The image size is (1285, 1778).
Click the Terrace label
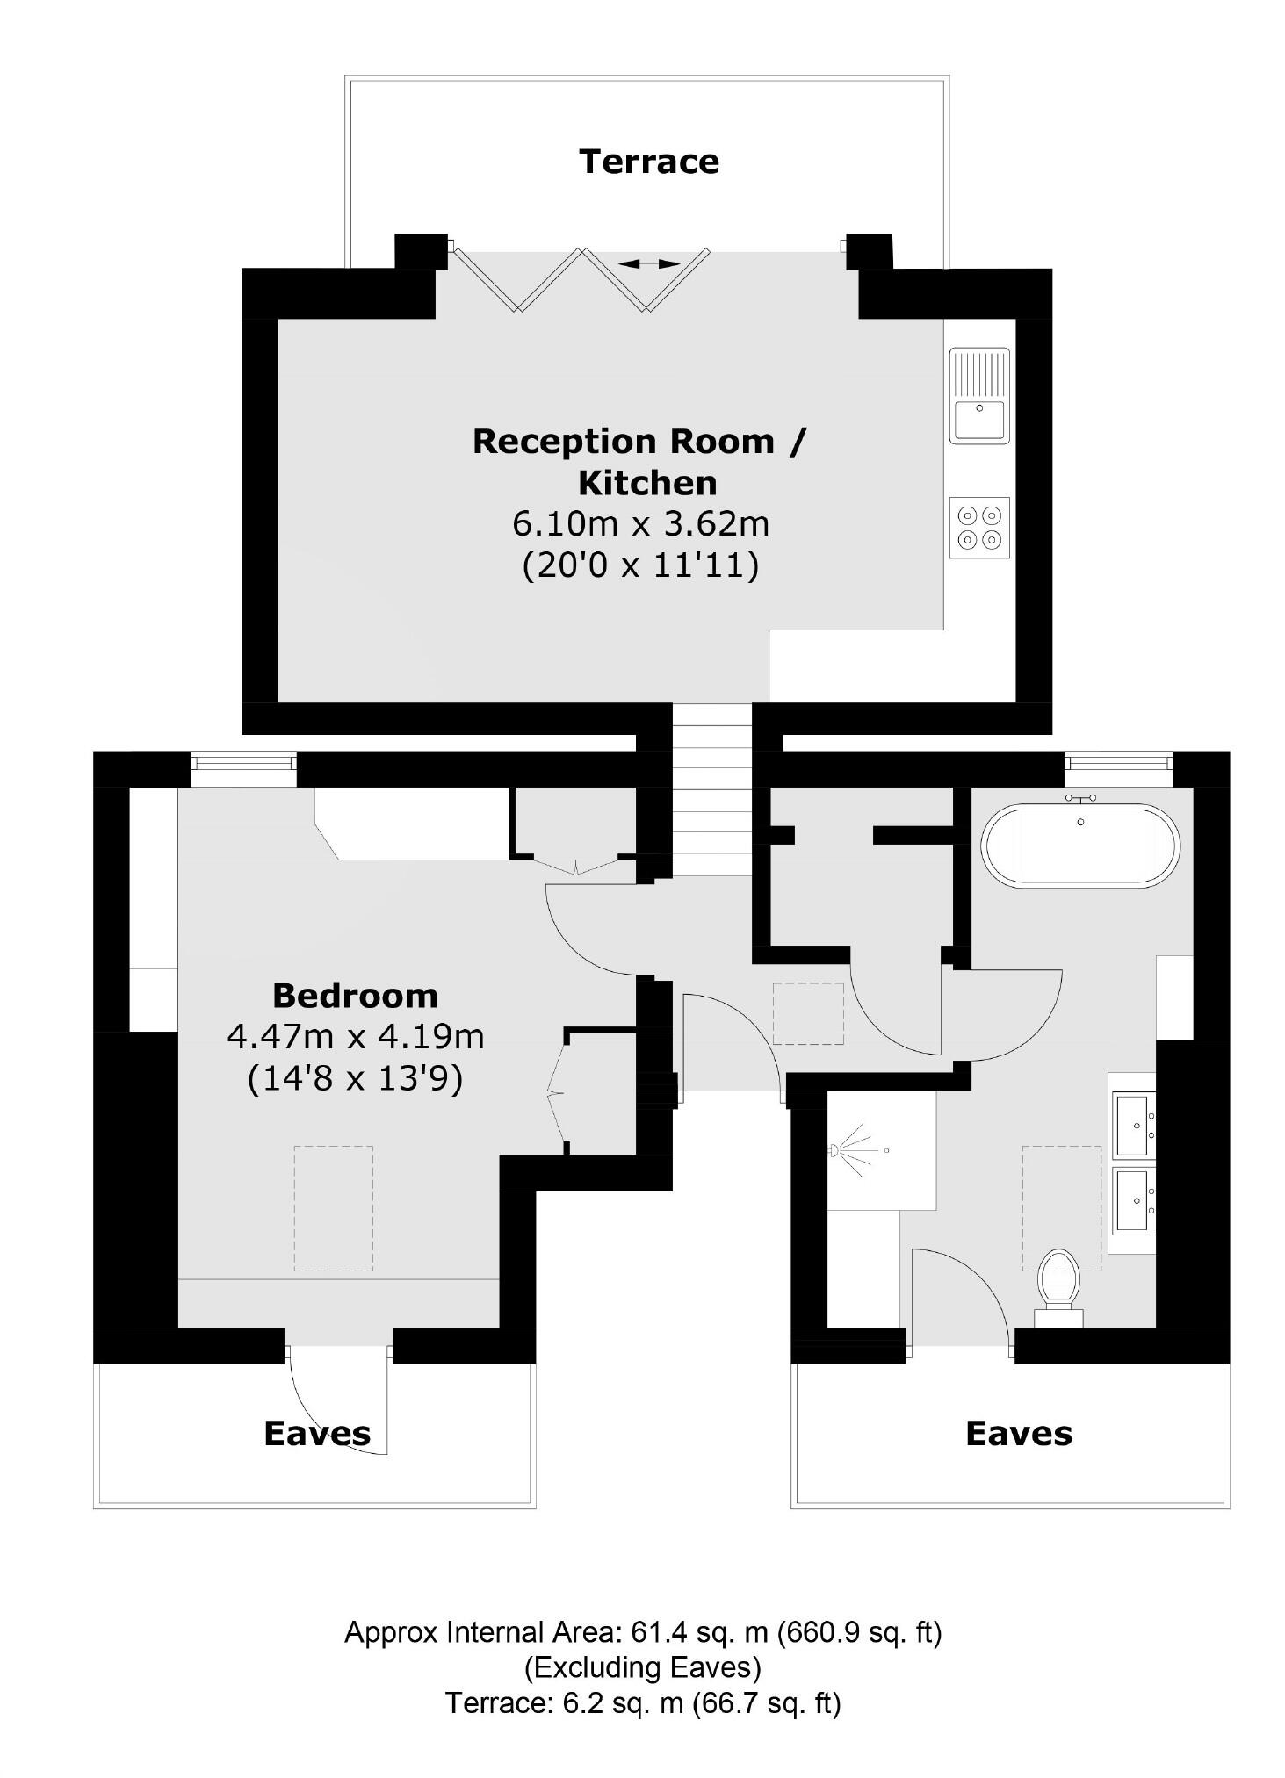coord(648,162)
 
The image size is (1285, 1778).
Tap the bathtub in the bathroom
coord(1080,846)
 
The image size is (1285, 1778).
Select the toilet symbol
coord(1058,1280)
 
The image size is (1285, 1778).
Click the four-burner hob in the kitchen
coord(979,527)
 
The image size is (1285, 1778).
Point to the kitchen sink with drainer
coord(979,395)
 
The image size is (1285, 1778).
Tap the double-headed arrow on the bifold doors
coord(648,263)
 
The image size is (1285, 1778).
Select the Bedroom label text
coord(355,996)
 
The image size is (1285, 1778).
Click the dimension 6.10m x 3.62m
coord(640,524)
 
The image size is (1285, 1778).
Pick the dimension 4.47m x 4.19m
coord(355,1037)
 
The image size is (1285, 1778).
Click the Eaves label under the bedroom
coord(317,1434)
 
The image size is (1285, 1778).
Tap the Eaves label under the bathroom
coord(1018,1434)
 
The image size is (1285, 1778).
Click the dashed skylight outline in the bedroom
coord(333,1208)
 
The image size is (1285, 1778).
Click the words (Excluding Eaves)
coord(642,1667)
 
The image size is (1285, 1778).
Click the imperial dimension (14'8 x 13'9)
coord(355,1078)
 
